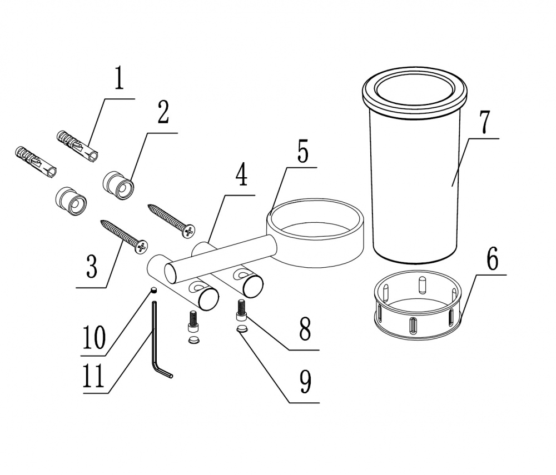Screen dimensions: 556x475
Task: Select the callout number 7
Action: pyautogui.click(x=484, y=122)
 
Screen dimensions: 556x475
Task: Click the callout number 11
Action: pyautogui.click(x=93, y=376)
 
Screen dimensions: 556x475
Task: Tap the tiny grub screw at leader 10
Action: pyautogui.click(x=154, y=290)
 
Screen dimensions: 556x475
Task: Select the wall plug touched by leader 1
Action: pyautogui.click(x=77, y=146)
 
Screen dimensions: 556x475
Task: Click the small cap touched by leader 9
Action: pyautogui.click(x=242, y=329)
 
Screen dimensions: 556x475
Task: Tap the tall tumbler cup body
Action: pyautogui.click(x=415, y=164)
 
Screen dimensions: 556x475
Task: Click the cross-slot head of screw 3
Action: pyautogui.click(x=141, y=247)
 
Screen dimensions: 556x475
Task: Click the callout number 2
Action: pyautogui.click(x=163, y=112)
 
